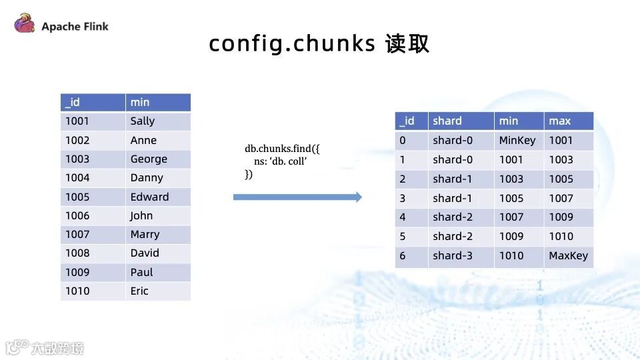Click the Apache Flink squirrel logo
(25, 25)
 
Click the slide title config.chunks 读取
(319, 43)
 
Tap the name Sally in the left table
(143, 121)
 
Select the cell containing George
(149, 159)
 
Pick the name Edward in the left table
(149, 197)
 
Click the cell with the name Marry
(145, 235)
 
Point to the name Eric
(139, 291)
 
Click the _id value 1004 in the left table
(77, 178)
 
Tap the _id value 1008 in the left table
(77, 253)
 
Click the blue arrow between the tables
(297, 197)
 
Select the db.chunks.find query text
(283, 161)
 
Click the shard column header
(447, 121)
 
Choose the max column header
(559, 121)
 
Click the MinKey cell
(517, 141)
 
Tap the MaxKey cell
(568, 256)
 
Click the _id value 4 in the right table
(402, 217)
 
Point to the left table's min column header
(140, 103)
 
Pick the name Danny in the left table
(147, 178)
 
